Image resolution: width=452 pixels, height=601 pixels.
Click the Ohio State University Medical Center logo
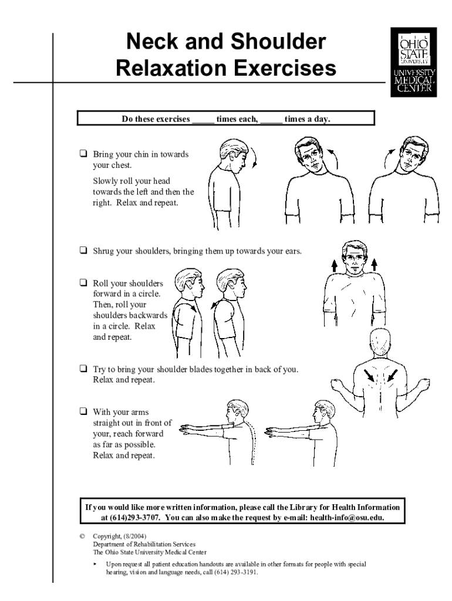pos(413,62)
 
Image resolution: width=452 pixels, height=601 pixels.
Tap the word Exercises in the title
pos(285,68)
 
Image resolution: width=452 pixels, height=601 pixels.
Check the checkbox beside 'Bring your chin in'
pos(83,154)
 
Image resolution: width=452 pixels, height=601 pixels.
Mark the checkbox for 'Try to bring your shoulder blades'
pos(83,369)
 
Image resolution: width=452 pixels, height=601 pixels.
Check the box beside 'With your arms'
pos(83,411)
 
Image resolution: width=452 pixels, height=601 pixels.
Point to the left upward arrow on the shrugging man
pos(334,266)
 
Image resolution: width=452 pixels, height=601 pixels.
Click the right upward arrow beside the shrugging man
pos(375,265)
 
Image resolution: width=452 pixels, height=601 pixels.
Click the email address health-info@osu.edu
pos(347,518)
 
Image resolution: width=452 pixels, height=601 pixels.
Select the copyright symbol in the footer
pos(82,536)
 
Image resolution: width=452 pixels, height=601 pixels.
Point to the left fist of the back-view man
pos(336,385)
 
